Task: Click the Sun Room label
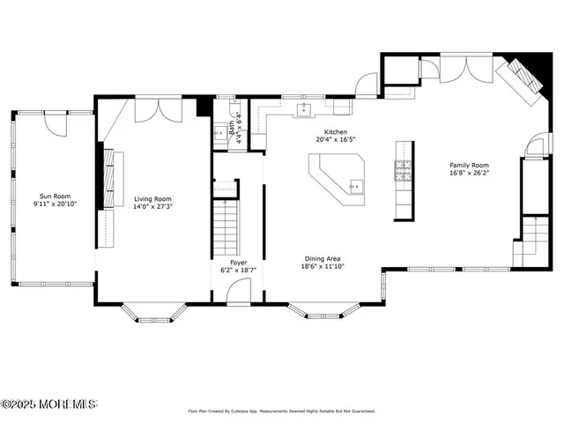pos(55,197)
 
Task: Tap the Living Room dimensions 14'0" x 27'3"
pos(152,208)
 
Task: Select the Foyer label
pos(238,262)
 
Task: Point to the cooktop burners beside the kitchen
pos(404,169)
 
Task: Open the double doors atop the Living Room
pos(159,110)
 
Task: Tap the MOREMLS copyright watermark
pos(49,404)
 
